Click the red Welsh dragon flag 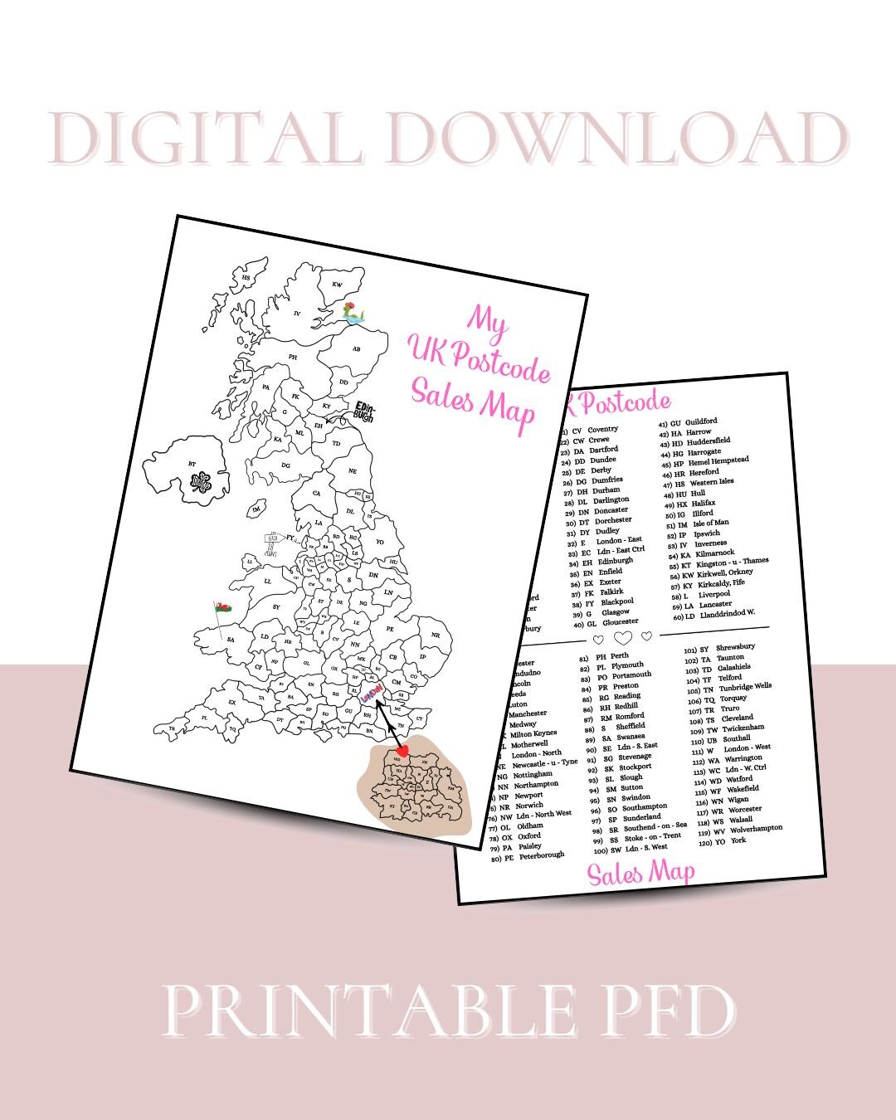[x=222, y=606]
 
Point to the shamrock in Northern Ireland [x=200, y=482]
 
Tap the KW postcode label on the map [x=337, y=285]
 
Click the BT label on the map [x=192, y=464]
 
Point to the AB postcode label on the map [x=356, y=349]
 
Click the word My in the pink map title [x=487, y=319]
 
